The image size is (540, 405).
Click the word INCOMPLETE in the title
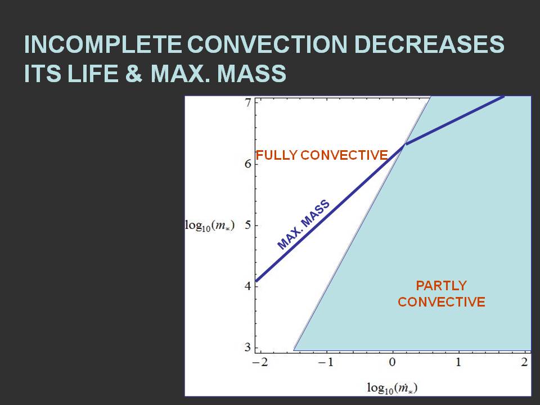(x=102, y=44)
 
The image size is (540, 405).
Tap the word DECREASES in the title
(x=429, y=44)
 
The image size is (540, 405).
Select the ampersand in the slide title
(x=133, y=73)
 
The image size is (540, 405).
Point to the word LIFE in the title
(x=93, y=73)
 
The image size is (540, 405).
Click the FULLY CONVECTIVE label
(x=322, y=155)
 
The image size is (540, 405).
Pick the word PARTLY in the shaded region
(x=441, y=286)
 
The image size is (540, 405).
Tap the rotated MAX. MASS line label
(x=303, y=224)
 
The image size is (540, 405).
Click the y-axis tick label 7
(x=248, y=102)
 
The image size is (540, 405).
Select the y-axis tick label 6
(x=248, y=164)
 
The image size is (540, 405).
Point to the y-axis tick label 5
(x=248, y=225)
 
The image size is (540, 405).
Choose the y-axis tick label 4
(x=248, y=286)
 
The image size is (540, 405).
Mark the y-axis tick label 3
(x=248, y=347)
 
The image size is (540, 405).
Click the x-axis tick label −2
(x=260, y=362)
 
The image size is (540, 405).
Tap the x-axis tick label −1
(x=326, y=362)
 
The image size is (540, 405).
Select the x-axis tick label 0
(x=392, y=362)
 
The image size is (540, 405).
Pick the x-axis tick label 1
(x=458, y=362)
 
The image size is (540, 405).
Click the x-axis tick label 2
(x=524, y=362)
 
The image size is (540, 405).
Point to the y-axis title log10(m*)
(x=210, y=226)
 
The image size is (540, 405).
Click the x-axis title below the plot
(x=392, y=388)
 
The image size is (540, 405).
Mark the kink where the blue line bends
(x=404, y=145)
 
